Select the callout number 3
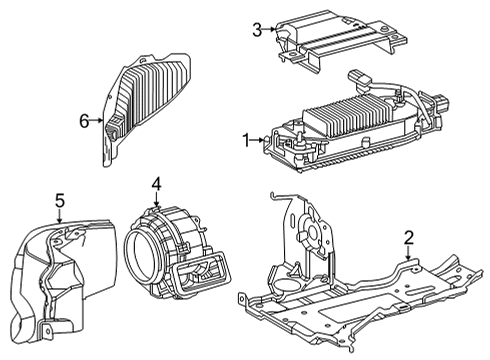(257, 29)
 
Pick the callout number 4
(156, 184)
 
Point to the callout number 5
(59, 200)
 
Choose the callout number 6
(85, 121)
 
